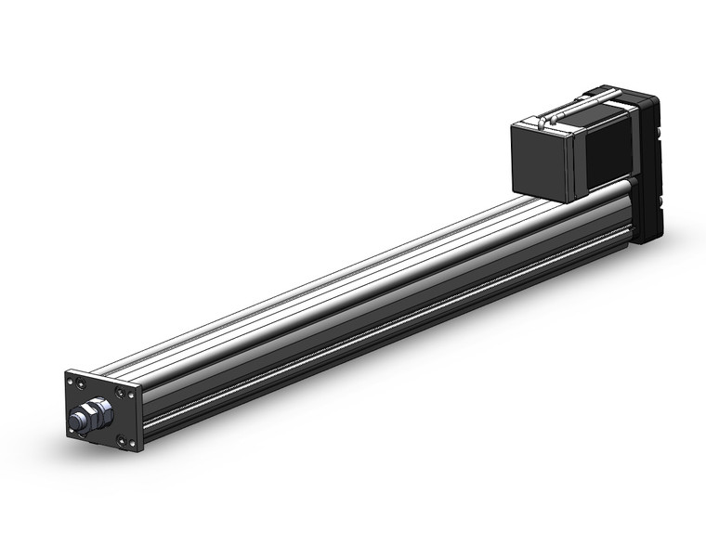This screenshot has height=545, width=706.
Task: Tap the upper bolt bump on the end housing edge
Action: pos(660,133)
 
